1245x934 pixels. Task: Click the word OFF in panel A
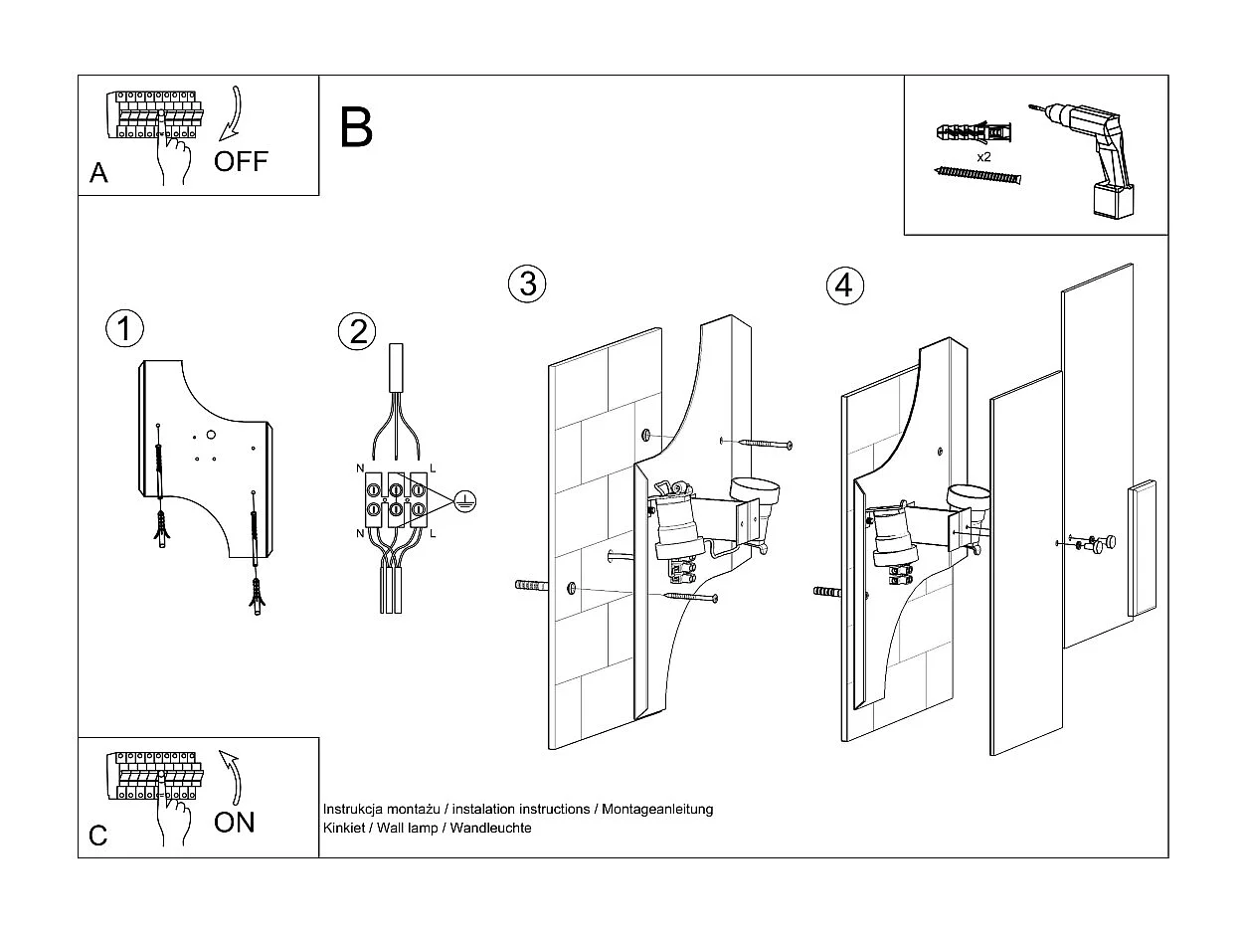241,161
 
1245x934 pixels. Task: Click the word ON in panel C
235,822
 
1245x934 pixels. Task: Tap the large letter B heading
356,127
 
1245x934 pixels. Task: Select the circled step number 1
124,328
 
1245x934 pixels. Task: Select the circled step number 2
358,331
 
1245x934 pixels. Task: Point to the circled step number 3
527,283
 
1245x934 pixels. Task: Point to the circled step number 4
844,286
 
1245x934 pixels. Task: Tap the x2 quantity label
983,157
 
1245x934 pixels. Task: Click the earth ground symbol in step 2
463,502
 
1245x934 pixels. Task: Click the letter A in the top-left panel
98,174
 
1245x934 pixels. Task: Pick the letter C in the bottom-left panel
97,836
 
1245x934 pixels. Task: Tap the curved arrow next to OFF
231,113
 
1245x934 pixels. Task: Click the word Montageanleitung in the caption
656,810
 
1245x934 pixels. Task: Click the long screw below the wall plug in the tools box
978,176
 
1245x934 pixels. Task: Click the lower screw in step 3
687,596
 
